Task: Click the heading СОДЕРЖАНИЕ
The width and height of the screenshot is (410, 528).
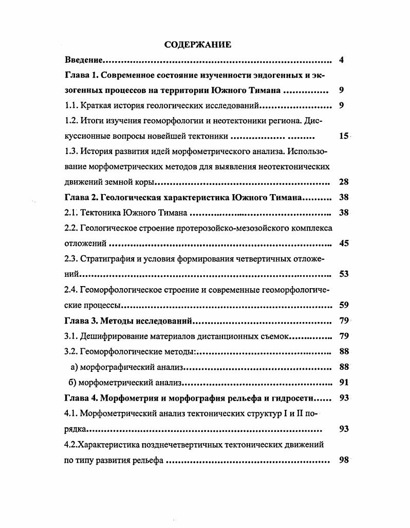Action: [x=197, y=45]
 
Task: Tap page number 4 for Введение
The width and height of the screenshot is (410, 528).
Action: [x=342, y=60]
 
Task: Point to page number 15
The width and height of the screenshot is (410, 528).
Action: [x=344, y=137]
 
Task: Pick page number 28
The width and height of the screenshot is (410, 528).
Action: [x=344, y=182]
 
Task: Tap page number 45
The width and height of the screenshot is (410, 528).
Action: [x=344, y=243]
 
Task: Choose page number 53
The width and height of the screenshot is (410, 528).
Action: [x=344, y=274]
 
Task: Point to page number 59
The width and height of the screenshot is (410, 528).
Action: [x=344, y=305]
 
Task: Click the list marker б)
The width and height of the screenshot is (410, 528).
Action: [x=73, y=383]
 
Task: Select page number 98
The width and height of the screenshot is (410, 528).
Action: [x=344, y=460]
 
